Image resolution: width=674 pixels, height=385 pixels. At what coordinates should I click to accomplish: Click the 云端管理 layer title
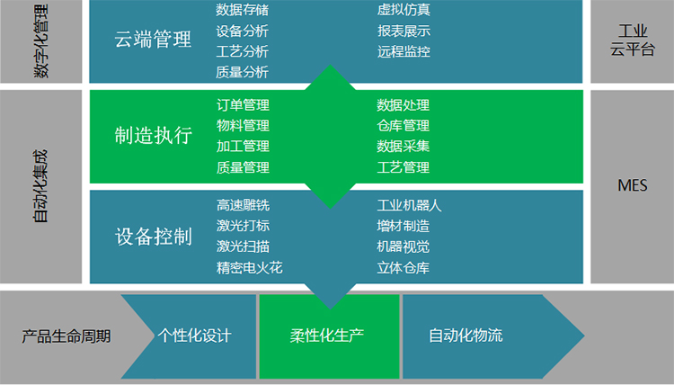(154, 40)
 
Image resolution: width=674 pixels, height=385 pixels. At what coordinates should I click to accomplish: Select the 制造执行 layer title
(154, 136)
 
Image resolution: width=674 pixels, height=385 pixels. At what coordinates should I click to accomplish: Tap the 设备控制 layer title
(154, 237)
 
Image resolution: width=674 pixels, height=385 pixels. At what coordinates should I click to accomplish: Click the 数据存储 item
(243, 10)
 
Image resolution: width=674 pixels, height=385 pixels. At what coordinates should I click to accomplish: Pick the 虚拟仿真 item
(404, 10)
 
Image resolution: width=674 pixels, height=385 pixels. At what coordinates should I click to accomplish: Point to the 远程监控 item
(404, 51)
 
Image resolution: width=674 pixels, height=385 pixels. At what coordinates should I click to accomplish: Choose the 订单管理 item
(243, 105)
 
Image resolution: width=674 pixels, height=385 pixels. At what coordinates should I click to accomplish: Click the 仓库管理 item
(404, 126)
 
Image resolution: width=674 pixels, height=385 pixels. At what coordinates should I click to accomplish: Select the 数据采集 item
(404, 147)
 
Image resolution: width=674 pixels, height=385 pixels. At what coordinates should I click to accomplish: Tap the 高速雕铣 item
(243, 205)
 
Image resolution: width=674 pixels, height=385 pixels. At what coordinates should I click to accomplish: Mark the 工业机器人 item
(410, 205)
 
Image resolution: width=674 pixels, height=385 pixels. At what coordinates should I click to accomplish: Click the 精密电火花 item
(250, 267)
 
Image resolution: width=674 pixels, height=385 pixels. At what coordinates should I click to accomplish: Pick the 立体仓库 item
(404, 267)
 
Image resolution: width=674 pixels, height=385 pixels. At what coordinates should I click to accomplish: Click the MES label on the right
(633, 186)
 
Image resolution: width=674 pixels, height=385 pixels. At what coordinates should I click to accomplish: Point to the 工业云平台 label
(633, 40)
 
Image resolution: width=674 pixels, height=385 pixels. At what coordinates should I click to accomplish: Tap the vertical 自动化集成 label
(41, 186)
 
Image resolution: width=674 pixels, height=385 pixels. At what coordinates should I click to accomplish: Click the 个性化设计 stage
(194, 336)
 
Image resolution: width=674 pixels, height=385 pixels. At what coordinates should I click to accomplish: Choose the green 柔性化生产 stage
(327, 336)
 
